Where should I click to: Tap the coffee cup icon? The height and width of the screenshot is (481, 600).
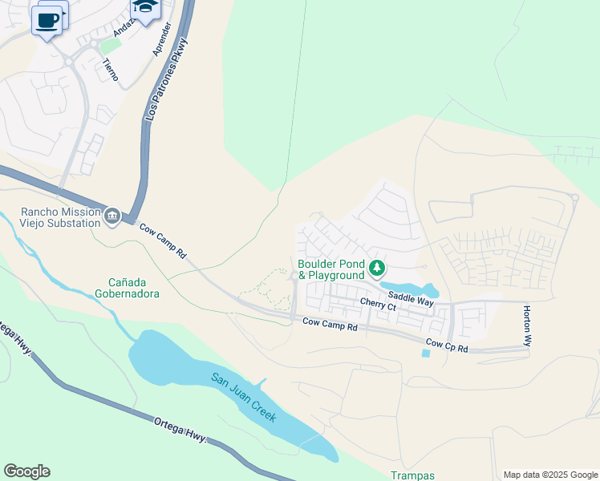(47, 20)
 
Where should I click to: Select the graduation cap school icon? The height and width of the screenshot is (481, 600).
(145, 7)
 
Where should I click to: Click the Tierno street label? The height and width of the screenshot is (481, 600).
(110, 70)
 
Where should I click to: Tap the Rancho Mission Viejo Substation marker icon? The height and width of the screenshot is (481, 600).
(111, 216)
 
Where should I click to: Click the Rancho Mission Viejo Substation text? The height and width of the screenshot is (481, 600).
(61, 217)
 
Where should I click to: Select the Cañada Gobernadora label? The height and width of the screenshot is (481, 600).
(134, 287)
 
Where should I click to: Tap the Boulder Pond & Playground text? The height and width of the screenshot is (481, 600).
(331, 269)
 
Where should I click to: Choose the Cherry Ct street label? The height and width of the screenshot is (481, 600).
(378, 305)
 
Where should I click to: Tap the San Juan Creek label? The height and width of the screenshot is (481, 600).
(244, 398)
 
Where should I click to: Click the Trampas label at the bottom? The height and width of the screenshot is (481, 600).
(412, 475)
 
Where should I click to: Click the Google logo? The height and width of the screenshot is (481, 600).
(26, 471)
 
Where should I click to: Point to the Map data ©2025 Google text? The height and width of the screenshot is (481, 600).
(549, 475)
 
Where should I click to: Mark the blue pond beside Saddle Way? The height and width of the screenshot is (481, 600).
(411, 289)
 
